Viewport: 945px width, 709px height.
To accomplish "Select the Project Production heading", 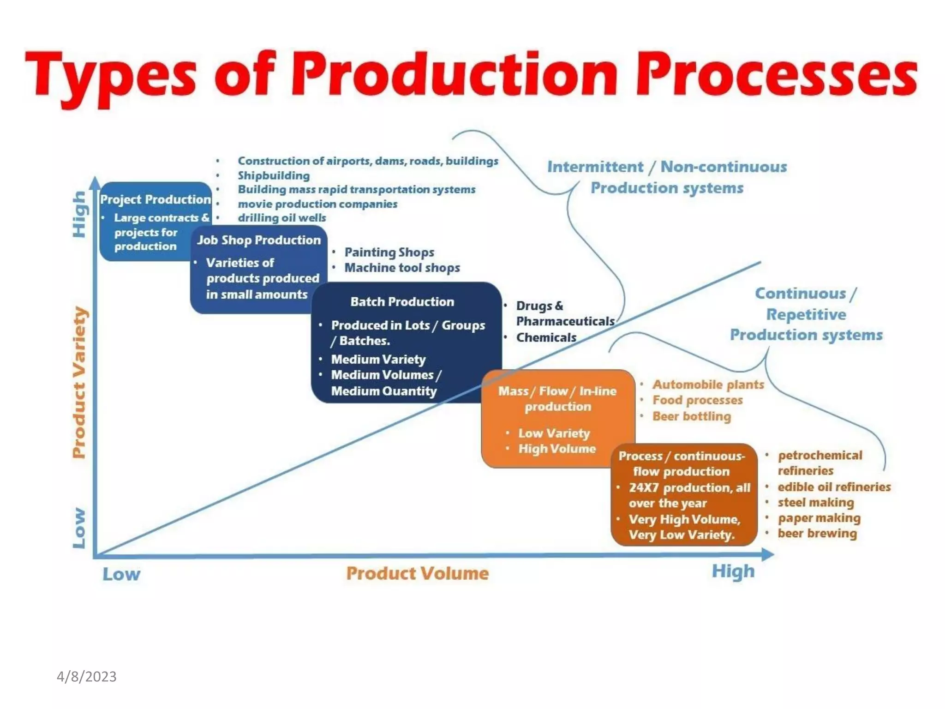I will pos(156,199).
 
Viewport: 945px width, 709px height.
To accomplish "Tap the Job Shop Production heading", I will pos(259,240).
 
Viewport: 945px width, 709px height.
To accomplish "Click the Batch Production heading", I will pos(402,302).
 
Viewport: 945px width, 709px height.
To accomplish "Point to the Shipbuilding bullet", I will pos(274,175).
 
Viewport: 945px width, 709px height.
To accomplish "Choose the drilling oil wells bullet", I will pos(281,218).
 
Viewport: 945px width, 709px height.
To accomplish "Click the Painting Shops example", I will pos(389,252).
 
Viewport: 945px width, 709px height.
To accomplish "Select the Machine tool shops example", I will pos(402,268).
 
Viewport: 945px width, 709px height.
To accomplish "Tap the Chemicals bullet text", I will pos(546,337).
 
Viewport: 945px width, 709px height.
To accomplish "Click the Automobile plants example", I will pos(708,385).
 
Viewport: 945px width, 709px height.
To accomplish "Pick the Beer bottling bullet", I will pos(691,416).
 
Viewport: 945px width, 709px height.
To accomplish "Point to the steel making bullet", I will pos(815,502).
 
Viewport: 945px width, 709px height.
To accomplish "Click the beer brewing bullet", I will pos(817,534).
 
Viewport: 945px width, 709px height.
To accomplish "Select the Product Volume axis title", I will pos(417,573).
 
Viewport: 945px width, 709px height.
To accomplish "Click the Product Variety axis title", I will pos(79,382).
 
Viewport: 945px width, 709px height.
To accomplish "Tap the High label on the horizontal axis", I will pos(733,571).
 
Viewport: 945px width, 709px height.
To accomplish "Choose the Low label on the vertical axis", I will pos(79,528).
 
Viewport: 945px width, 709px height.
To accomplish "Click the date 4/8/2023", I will pos(86,677).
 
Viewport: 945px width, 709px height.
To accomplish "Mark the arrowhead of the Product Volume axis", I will pos(768,554).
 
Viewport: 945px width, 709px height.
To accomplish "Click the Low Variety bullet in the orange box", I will pos(554,433).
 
